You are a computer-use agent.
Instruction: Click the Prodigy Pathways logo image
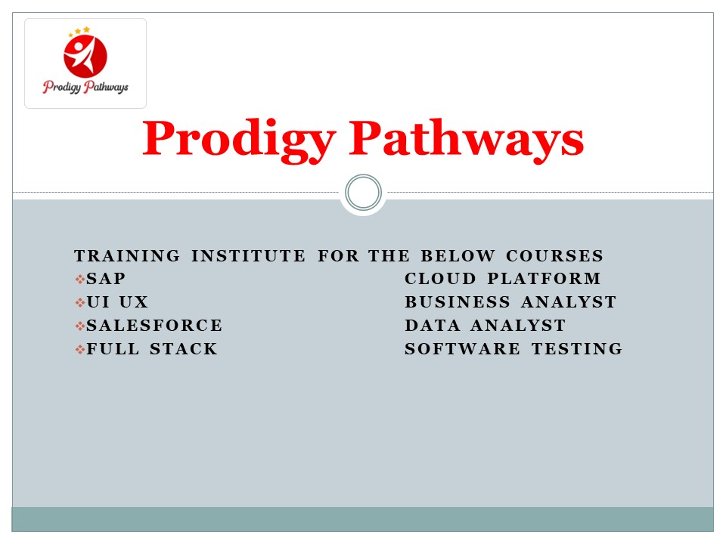pyautogui.click(x=85, y=63)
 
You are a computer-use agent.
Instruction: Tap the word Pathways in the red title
pyautogui.click(x=466, y=141)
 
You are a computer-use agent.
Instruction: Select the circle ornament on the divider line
pyautogui.click(x=363, y=193)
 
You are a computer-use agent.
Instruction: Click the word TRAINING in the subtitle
pyautogui.click(x=127, y=256)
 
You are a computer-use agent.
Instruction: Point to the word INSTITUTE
pyautogui.click(x=249, y=256)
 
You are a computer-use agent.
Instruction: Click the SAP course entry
pyautogui.click(x=107, y=280)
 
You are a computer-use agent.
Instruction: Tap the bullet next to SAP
pyautogui.click(x=80, y=280)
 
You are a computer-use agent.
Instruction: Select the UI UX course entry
pyautogui.click(x=118, y=303)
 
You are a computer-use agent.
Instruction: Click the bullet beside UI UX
pyautogui.click(x=80, y=303)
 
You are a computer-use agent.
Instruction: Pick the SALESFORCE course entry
pyautogui.click(x=155, y=326)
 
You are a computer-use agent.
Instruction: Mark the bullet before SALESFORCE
pyautogui.click(x=80, y=326)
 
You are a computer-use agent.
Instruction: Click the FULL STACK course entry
pyautogui.click(x=152, y=350)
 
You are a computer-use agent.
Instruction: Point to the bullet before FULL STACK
pyautogui.click(x=80, y=350)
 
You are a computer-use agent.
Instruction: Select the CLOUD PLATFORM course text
pyautogui.click(x=503, y=280)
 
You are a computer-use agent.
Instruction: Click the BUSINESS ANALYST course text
pyautogui.click(x=510, y=303)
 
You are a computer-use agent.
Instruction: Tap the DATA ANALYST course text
pyautogui.click(x=485, y=326)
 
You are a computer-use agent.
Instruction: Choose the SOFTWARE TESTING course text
pyautogui.click(x=513, y=350)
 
